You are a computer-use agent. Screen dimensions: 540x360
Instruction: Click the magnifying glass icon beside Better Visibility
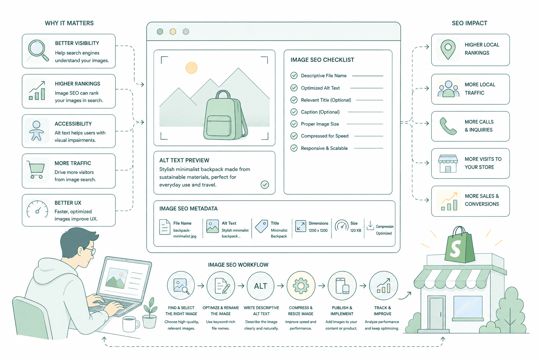38,50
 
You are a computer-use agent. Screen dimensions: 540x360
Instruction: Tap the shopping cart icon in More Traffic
36,169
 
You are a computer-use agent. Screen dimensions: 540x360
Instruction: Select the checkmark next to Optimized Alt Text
294,88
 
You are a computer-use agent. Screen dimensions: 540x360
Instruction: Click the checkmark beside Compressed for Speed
294,136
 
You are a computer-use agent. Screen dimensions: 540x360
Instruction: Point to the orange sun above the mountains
191,68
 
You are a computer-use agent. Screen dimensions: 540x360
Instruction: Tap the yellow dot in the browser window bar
173,32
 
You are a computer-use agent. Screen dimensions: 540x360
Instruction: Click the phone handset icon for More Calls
448,126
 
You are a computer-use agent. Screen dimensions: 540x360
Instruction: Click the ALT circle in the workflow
261,286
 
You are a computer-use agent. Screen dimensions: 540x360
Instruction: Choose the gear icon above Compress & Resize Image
301,286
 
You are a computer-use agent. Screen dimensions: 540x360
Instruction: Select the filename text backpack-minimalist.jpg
185,233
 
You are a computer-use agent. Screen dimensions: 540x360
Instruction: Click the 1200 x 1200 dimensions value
318,231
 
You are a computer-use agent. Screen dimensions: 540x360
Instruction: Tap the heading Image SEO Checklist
322,60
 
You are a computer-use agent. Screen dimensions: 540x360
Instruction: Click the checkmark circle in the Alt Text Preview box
265,185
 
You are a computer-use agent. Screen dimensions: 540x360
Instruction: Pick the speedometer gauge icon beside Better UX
37,209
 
